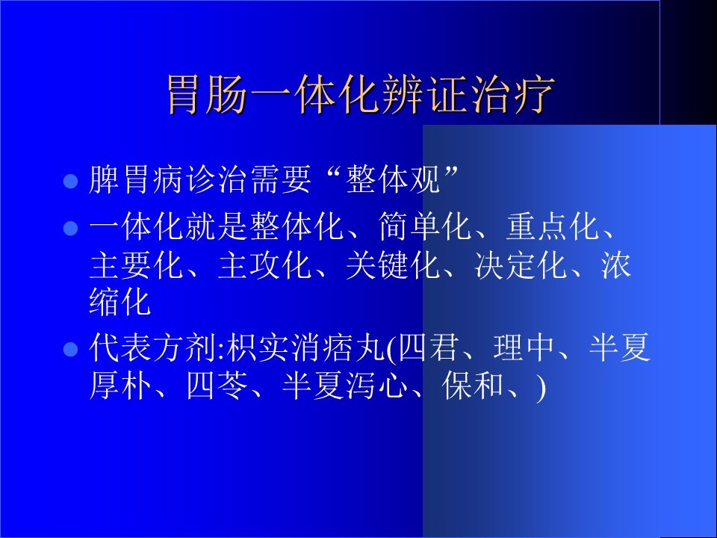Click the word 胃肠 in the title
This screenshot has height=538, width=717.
point(207,95)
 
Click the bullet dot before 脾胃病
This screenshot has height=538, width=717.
point(70,181)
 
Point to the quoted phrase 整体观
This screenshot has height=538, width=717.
point(394,179)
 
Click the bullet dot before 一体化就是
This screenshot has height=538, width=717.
point(70,228)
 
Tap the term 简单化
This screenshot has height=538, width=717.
point(425,226)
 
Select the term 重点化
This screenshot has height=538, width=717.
point(553,226)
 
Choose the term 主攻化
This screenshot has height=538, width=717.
point(264,265)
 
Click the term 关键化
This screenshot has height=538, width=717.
point(392,265)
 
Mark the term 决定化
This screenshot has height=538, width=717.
point(521,265)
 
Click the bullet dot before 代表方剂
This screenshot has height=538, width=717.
point(70,350)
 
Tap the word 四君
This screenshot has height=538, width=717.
point(427,347)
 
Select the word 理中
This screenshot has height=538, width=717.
point(524,347)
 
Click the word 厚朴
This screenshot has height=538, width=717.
point(120,386)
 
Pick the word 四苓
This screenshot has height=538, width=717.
point(217,386)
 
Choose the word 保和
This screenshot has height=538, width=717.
point(473,386)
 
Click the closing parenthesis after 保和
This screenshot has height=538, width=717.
point(541,387)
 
